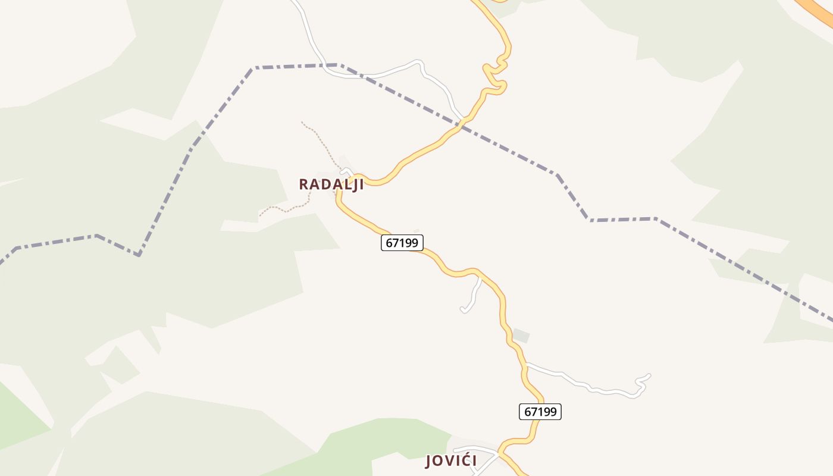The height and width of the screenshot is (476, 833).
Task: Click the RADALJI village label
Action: pos(331,184)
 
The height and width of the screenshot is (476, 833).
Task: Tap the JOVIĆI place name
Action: pos(450,461)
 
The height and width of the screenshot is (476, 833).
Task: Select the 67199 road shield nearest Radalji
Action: pos(402,243)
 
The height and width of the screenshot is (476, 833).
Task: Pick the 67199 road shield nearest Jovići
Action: pos(540,412)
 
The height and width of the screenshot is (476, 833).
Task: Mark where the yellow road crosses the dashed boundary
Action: pos(459,126)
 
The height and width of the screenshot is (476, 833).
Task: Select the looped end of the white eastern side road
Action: pos(643,384)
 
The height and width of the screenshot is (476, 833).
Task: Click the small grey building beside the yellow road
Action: pos(521,336)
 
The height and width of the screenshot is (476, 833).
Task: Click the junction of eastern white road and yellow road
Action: pos(526,364)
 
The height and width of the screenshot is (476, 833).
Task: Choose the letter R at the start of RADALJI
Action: pos(304,184)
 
